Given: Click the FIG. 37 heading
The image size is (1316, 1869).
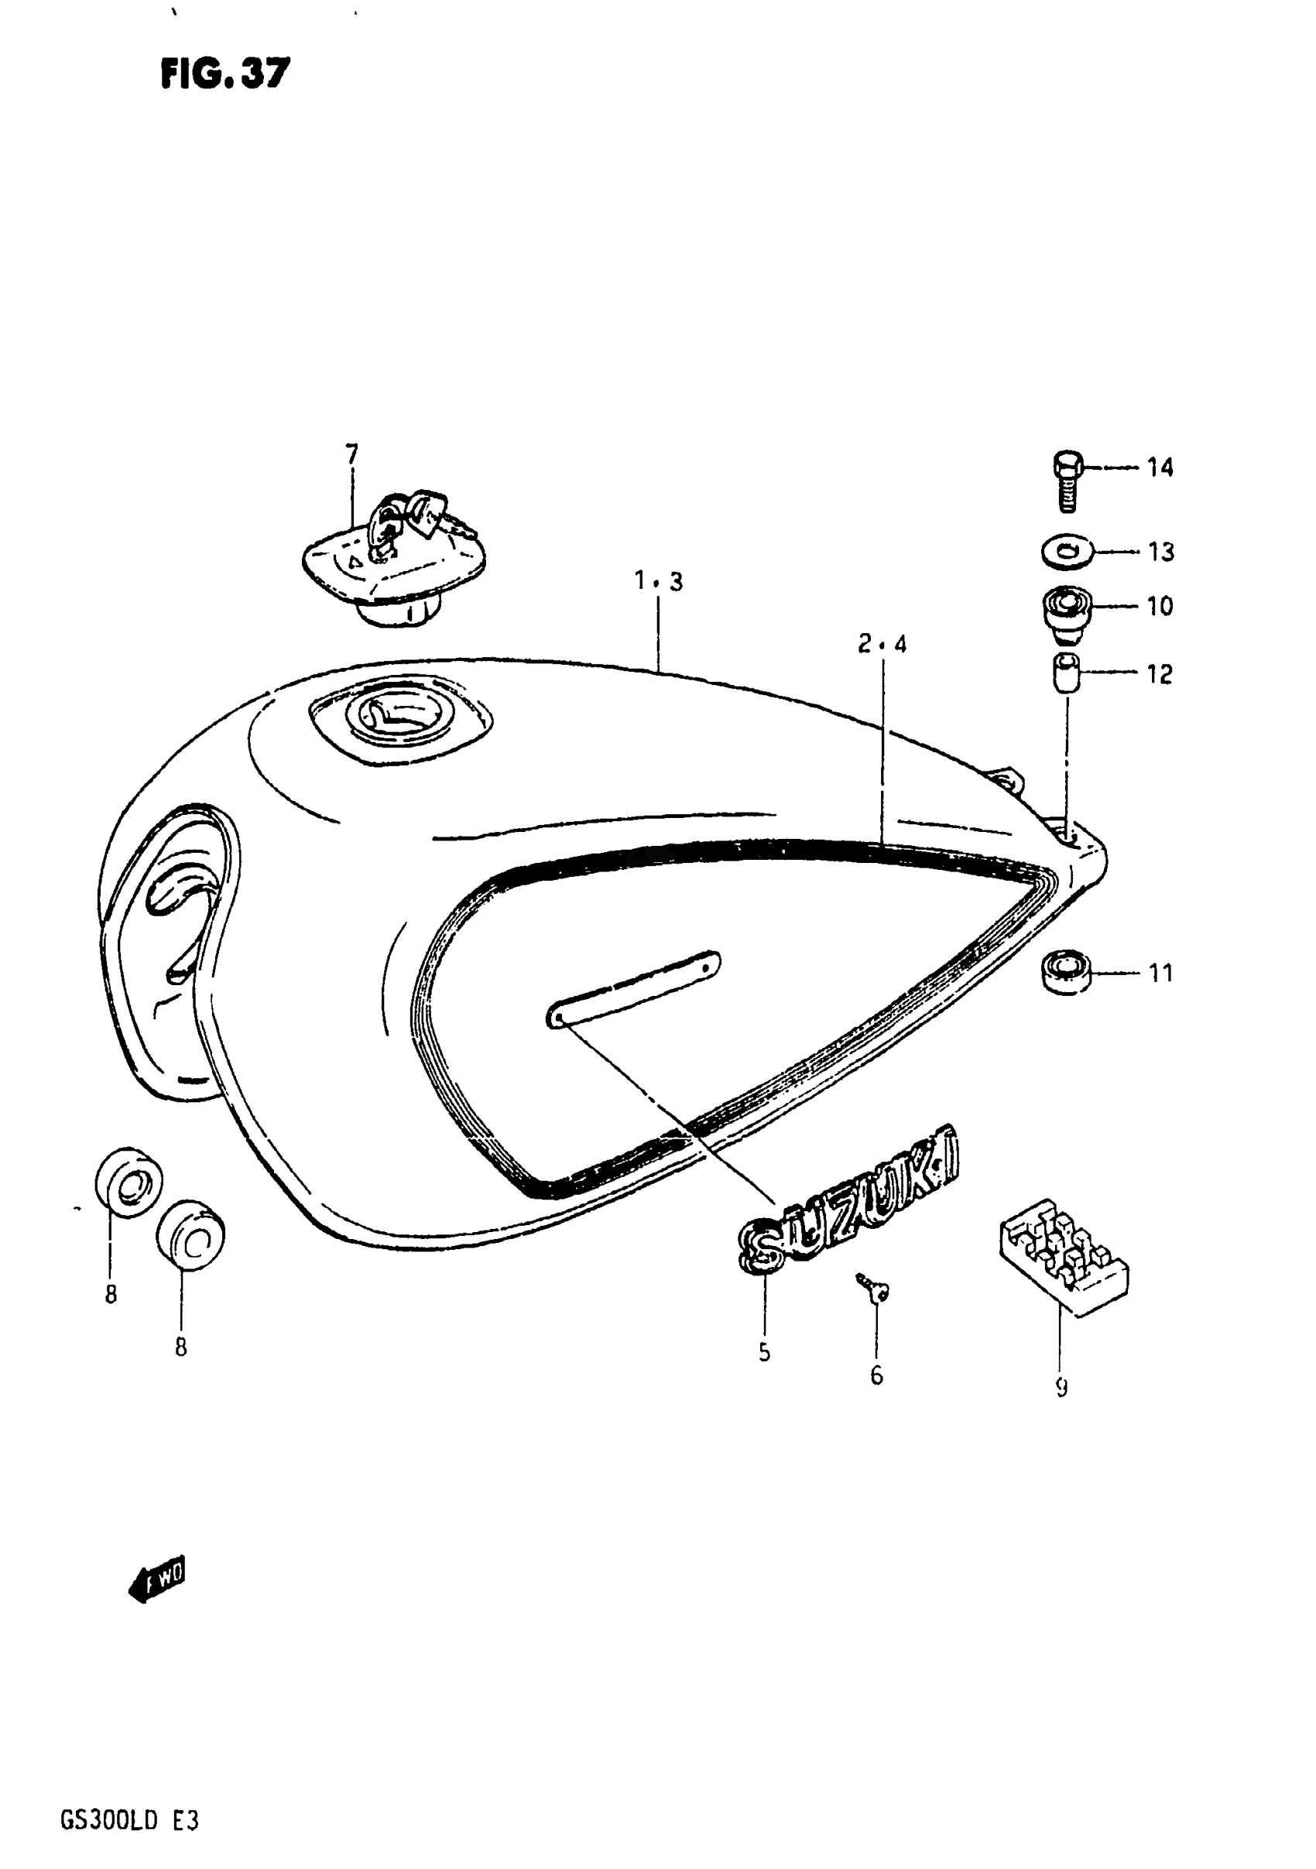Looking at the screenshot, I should (x=224, y=74).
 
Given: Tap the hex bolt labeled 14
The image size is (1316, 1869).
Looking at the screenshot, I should (x=1067, y=481).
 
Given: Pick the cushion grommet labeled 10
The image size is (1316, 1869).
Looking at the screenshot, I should (x=1067, y=609).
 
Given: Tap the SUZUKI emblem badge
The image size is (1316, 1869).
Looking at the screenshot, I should (x=847, y=1200).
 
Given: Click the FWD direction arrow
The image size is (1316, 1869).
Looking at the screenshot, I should (x=158, y=1580).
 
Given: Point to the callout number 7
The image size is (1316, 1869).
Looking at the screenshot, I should (x=351, y=454).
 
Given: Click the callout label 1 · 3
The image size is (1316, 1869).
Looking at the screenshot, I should (x=658, y=581).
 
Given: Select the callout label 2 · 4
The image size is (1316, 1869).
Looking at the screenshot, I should (x=882, y=645).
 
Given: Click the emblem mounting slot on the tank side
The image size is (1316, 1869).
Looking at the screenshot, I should (x=633, y=988).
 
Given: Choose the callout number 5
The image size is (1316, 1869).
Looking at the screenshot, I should (x=764, y=1352).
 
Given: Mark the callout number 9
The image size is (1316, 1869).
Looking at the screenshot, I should (x=1061, y=1387).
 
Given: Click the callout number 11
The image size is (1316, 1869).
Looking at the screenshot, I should (x=1160, y=973).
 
